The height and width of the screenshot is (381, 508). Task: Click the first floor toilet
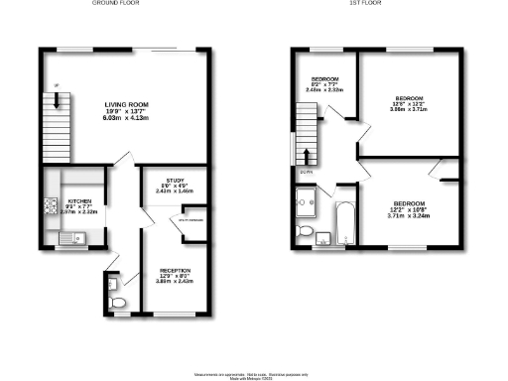[309, 232]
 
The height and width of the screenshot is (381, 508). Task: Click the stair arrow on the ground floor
[58, 100]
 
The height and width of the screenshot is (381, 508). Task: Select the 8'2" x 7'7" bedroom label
[325, 78]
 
